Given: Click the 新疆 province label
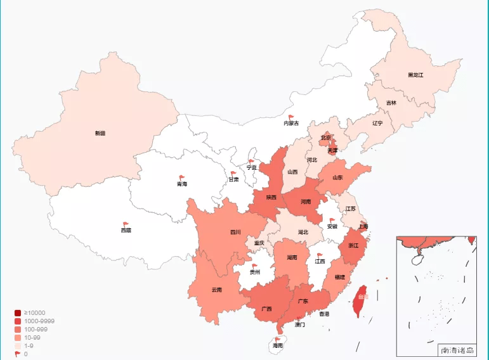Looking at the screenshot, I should (100, 133).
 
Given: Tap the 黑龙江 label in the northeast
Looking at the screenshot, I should (415, 75).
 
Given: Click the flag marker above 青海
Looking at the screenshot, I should (181, 178).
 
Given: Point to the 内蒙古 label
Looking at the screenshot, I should (291, 123).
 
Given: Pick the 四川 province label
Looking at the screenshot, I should (235, 232).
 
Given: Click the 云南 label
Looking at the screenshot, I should (217, 290).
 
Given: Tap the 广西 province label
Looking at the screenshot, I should (266, 309).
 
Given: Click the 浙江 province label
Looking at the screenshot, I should (354, 245).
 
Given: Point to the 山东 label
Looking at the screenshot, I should (337, 178).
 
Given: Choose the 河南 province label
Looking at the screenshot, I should (306, 202).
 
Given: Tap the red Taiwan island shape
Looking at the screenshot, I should (360, 300).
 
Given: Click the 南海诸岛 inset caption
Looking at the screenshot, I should (457, 350).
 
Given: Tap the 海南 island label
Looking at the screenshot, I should (278, 345).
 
